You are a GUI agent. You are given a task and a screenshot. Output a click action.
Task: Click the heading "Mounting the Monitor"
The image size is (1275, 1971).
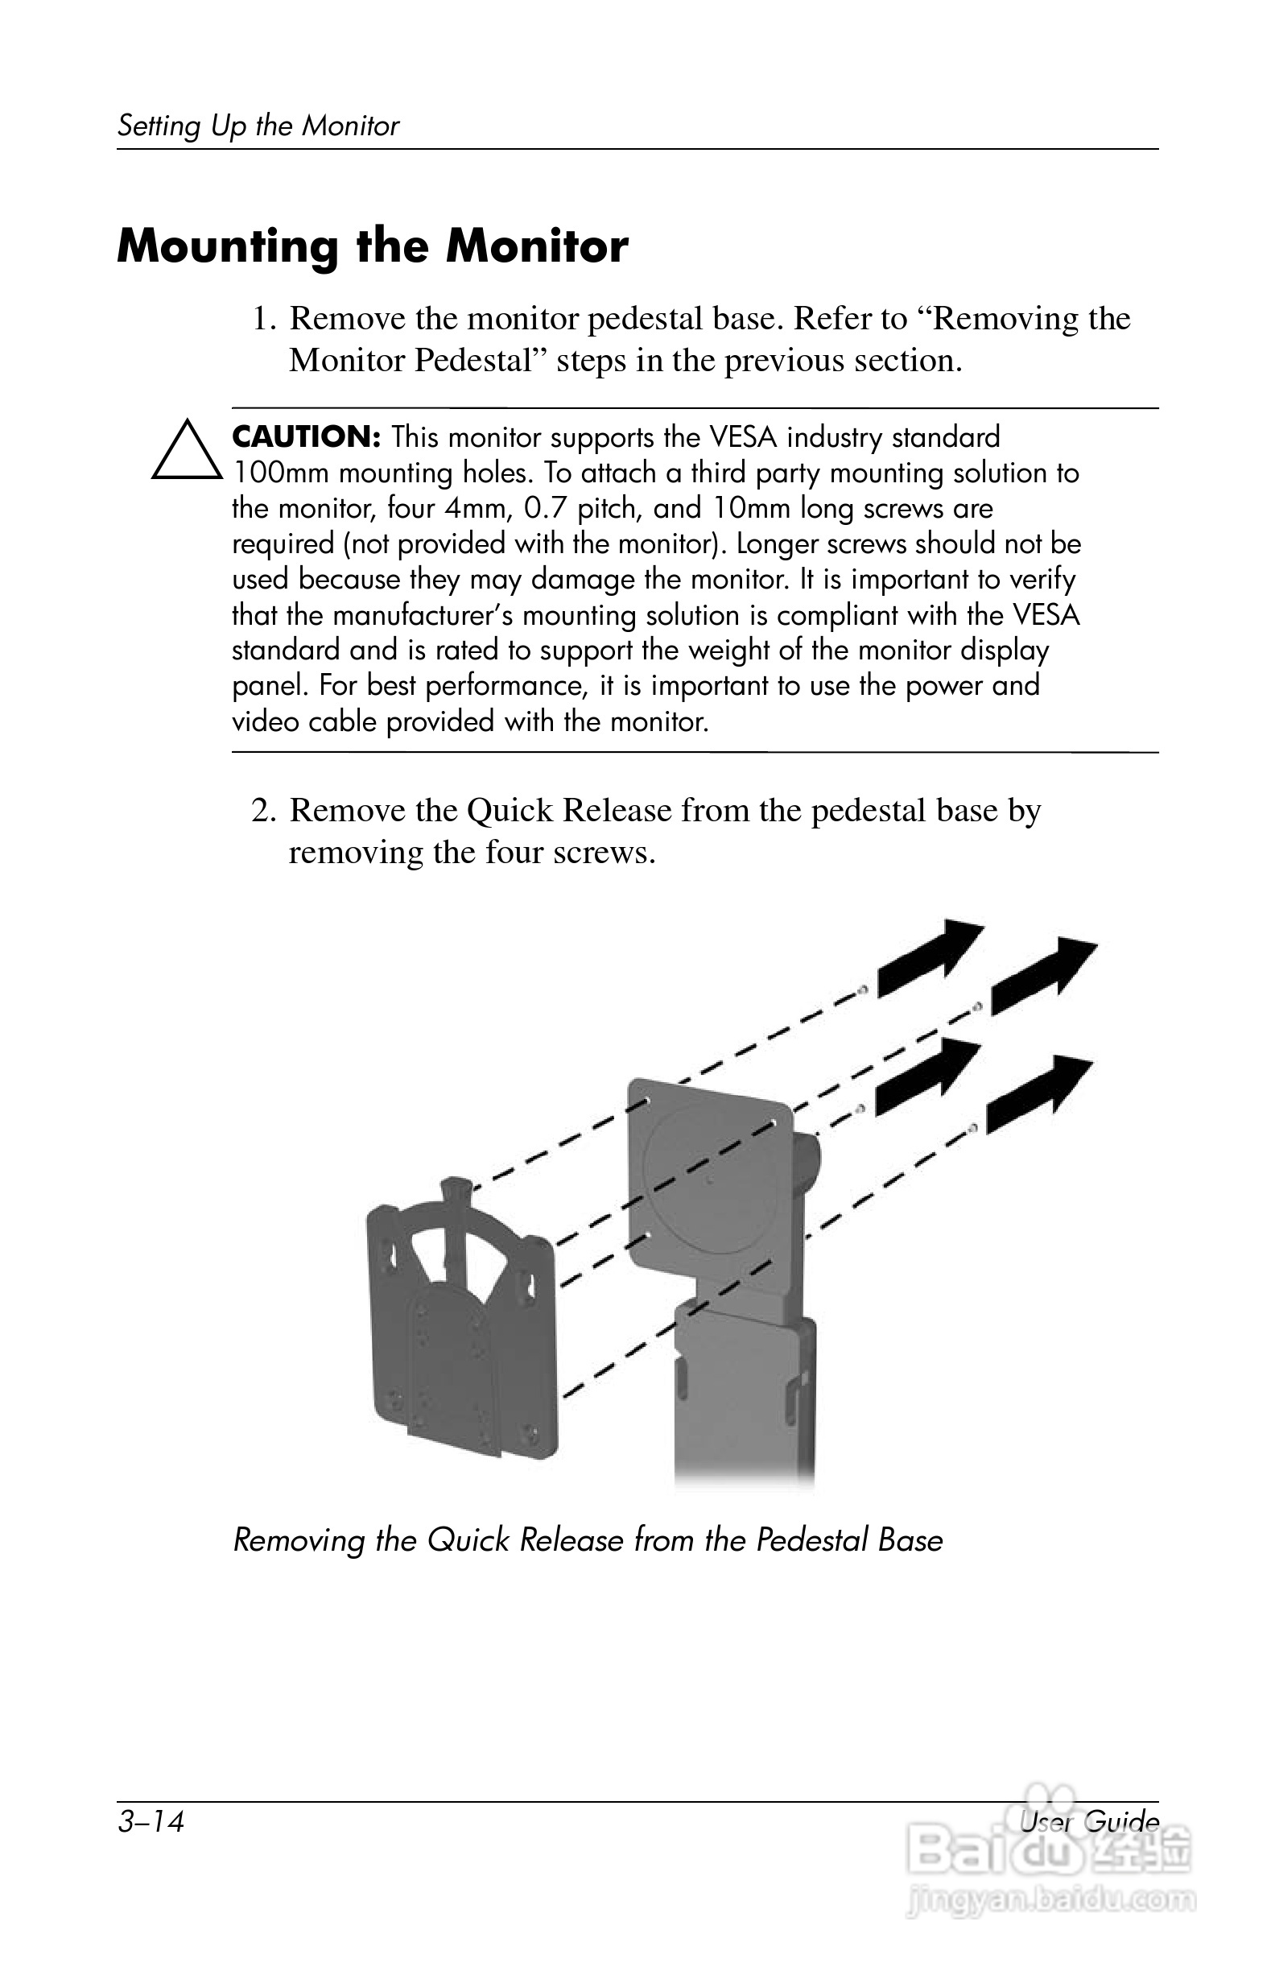pyautogui.click(x=373, y=247)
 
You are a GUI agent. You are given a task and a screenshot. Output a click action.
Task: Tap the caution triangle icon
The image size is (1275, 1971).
pyautogui.click(x=186, y=452)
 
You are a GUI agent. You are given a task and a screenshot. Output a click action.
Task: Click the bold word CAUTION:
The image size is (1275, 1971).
pyautogui.click(x=306, y=436)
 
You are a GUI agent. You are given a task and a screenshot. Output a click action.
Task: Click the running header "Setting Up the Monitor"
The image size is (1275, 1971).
pyautogui.click(x=258, y=126)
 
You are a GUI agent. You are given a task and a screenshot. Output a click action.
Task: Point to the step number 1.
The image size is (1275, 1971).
pyautogui.click(x=263, y=319)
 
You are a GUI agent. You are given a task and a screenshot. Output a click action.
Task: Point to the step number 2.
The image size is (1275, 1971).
pyautogui.click(x=263, y=811)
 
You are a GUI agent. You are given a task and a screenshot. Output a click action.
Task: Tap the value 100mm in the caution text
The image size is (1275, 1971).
pyautogui.click(x=281, y=473)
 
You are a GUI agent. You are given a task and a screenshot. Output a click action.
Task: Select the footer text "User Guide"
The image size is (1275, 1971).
pyautogui.click(x=1089, y=1821)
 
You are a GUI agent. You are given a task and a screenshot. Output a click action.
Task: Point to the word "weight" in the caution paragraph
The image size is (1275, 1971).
pyautogui.click(x=727, y=651)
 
